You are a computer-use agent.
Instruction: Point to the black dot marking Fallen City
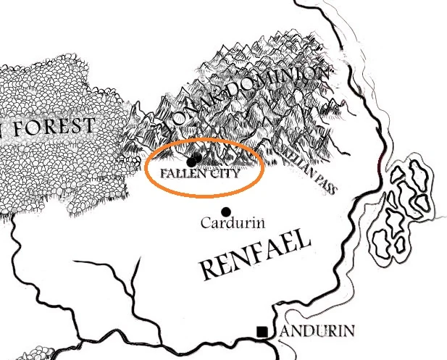click(193, 161)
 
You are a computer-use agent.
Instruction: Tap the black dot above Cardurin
click(226, 211)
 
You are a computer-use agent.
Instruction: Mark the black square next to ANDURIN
click(262, 332)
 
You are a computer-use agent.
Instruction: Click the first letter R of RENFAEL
click(208, 271)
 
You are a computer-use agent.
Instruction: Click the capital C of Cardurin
click(205, 224)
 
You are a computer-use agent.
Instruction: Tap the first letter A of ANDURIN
click(286, 332)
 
